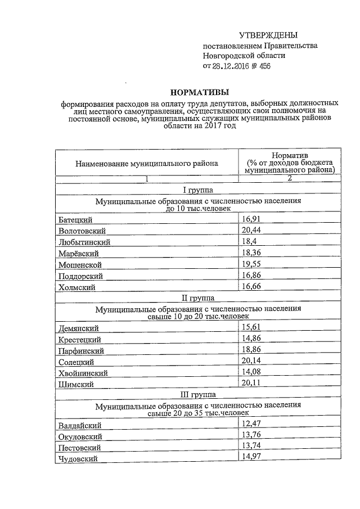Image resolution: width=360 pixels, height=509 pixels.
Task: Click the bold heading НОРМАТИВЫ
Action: (200, 92)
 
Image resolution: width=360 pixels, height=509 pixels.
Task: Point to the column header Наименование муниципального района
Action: (147, 164)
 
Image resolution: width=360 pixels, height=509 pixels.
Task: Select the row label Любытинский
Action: (84, 242)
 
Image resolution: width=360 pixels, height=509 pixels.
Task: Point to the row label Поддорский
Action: (81, 276)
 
